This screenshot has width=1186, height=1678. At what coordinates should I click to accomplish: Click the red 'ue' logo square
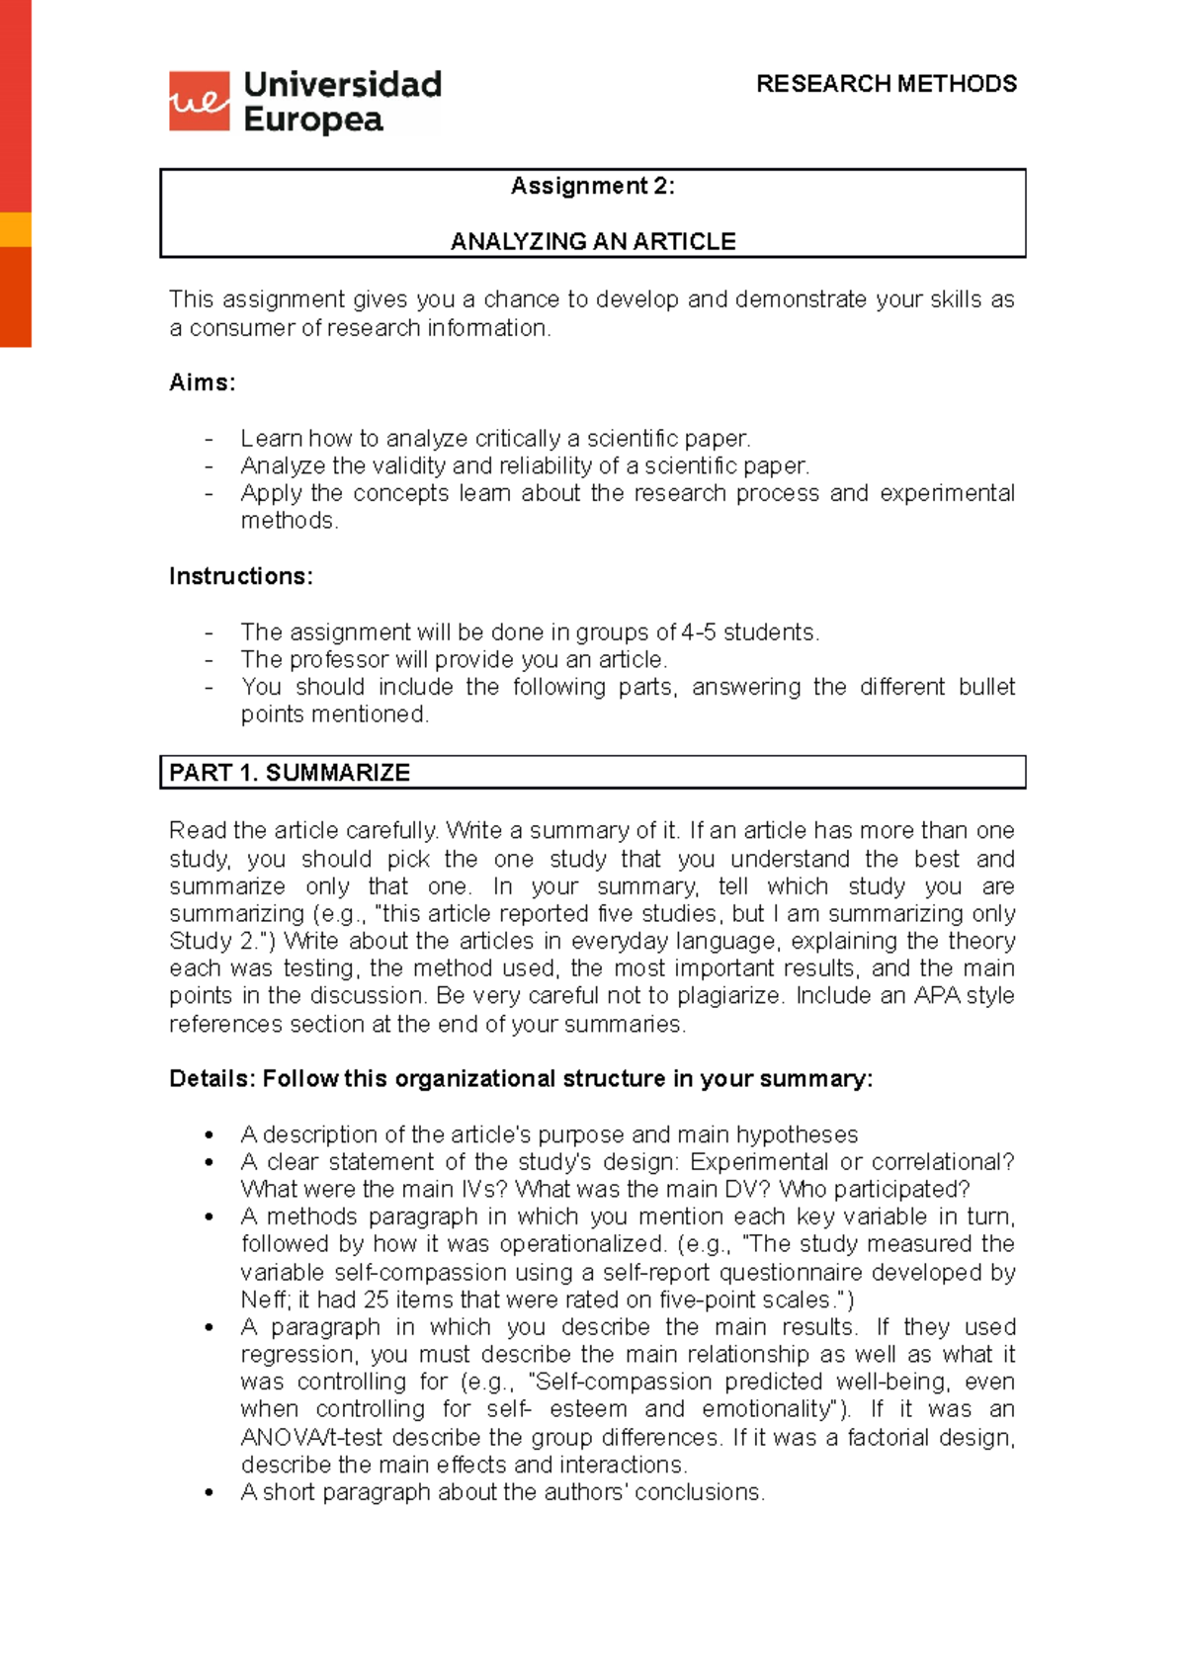[x=199, y=101]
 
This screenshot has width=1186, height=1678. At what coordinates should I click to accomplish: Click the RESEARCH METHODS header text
[x=886, y=84]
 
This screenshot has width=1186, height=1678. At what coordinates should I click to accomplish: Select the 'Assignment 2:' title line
[x=592, y=186]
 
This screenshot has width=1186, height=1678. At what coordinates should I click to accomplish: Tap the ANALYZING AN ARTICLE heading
[x=593, y=241]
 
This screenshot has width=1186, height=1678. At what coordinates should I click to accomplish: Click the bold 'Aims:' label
[x=203, y=382]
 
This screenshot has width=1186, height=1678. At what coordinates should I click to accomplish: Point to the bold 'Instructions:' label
[x=240, y=576]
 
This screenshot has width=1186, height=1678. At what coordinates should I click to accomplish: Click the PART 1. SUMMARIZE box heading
[x=290, y=773]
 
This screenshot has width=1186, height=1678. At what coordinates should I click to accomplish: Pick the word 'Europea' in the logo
[x=313, y=120]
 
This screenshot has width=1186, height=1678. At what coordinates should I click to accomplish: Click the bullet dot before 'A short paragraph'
[x=209, y=1493]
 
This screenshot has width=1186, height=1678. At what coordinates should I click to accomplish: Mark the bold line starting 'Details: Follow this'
[x=521, y=1079]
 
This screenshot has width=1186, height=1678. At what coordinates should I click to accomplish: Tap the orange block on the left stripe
[x=15, y=229]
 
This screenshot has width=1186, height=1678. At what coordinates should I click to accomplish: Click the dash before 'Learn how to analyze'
[x=209, y=439]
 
